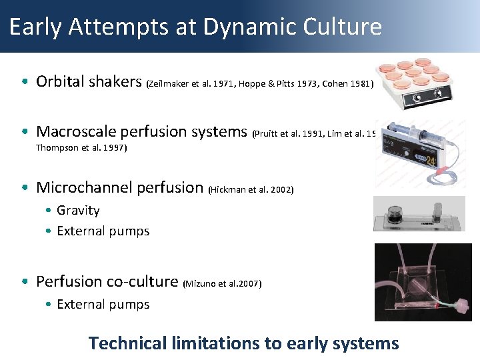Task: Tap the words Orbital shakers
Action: tap(89, 81)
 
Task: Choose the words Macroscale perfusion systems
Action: tap(141, 131)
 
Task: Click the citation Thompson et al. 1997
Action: tap(81, 148)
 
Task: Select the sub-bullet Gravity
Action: tap(78, 211)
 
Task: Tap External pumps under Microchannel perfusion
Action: tap(103, 231)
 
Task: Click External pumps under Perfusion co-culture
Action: tap(103, 305)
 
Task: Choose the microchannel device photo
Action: tap(419, 214)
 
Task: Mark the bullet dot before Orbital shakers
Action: tap(24, 82)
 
